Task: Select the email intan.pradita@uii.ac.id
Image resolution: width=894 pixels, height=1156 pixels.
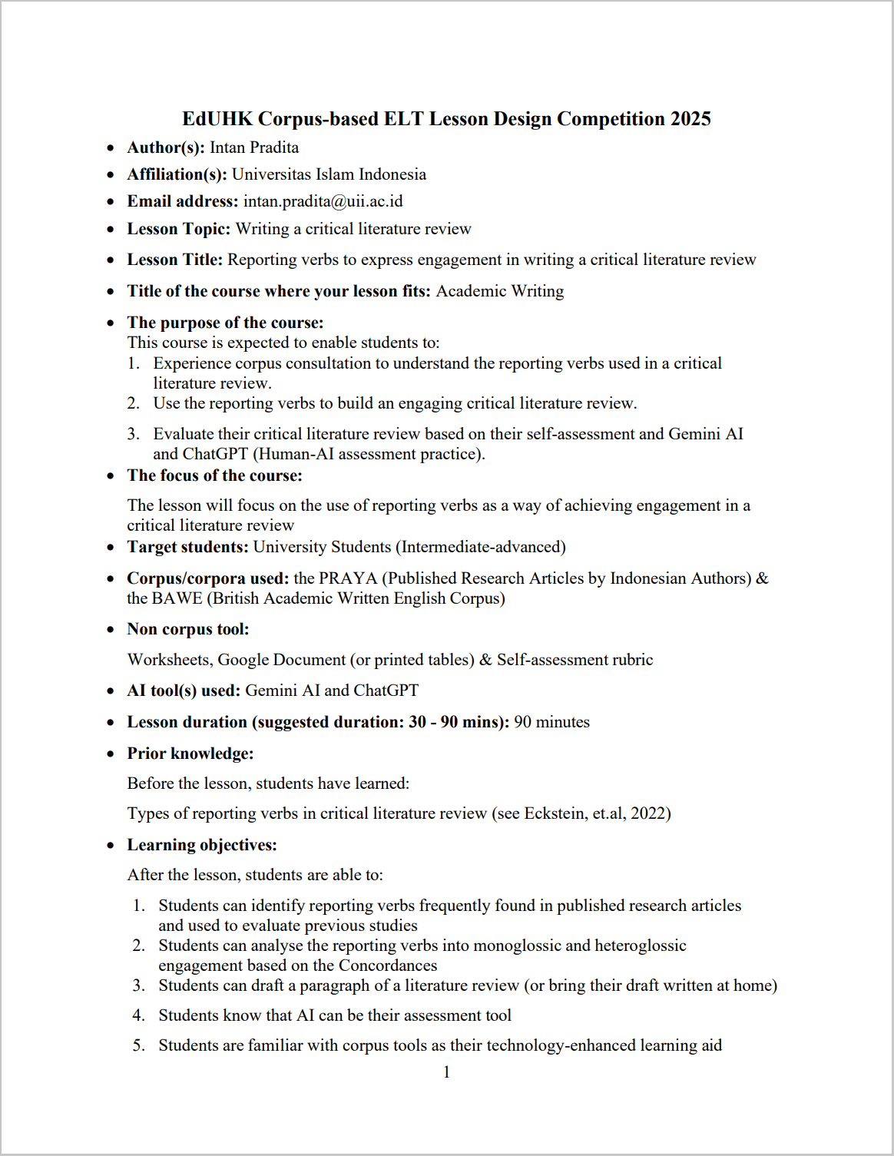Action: (x=323, y=201)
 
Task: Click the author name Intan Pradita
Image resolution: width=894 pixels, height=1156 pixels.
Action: (x=254, y=147)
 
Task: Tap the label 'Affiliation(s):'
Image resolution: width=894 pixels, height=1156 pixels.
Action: (x=177, y=174)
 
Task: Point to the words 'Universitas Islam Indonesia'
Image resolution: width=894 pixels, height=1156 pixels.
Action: (x=329, y=174)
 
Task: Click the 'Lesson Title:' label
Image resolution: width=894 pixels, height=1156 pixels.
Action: (x=174, y=260)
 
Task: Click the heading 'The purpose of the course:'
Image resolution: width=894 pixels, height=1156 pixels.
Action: (x=225, y=323)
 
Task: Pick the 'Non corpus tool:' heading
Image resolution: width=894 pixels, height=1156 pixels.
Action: (x=188, y=629)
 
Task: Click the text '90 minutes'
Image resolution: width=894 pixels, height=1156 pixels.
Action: (x=551, y=722)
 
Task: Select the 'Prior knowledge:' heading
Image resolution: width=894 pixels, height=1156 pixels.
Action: (x=190, y=754)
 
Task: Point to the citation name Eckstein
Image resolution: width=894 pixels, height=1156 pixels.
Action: (x=555, y=813)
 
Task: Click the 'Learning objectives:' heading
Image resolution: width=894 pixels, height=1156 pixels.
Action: (x=202, y=845)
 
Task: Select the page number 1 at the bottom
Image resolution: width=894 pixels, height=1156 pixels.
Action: (x=446, y=1072)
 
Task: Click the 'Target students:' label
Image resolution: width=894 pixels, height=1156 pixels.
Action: (x=187, y=547)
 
